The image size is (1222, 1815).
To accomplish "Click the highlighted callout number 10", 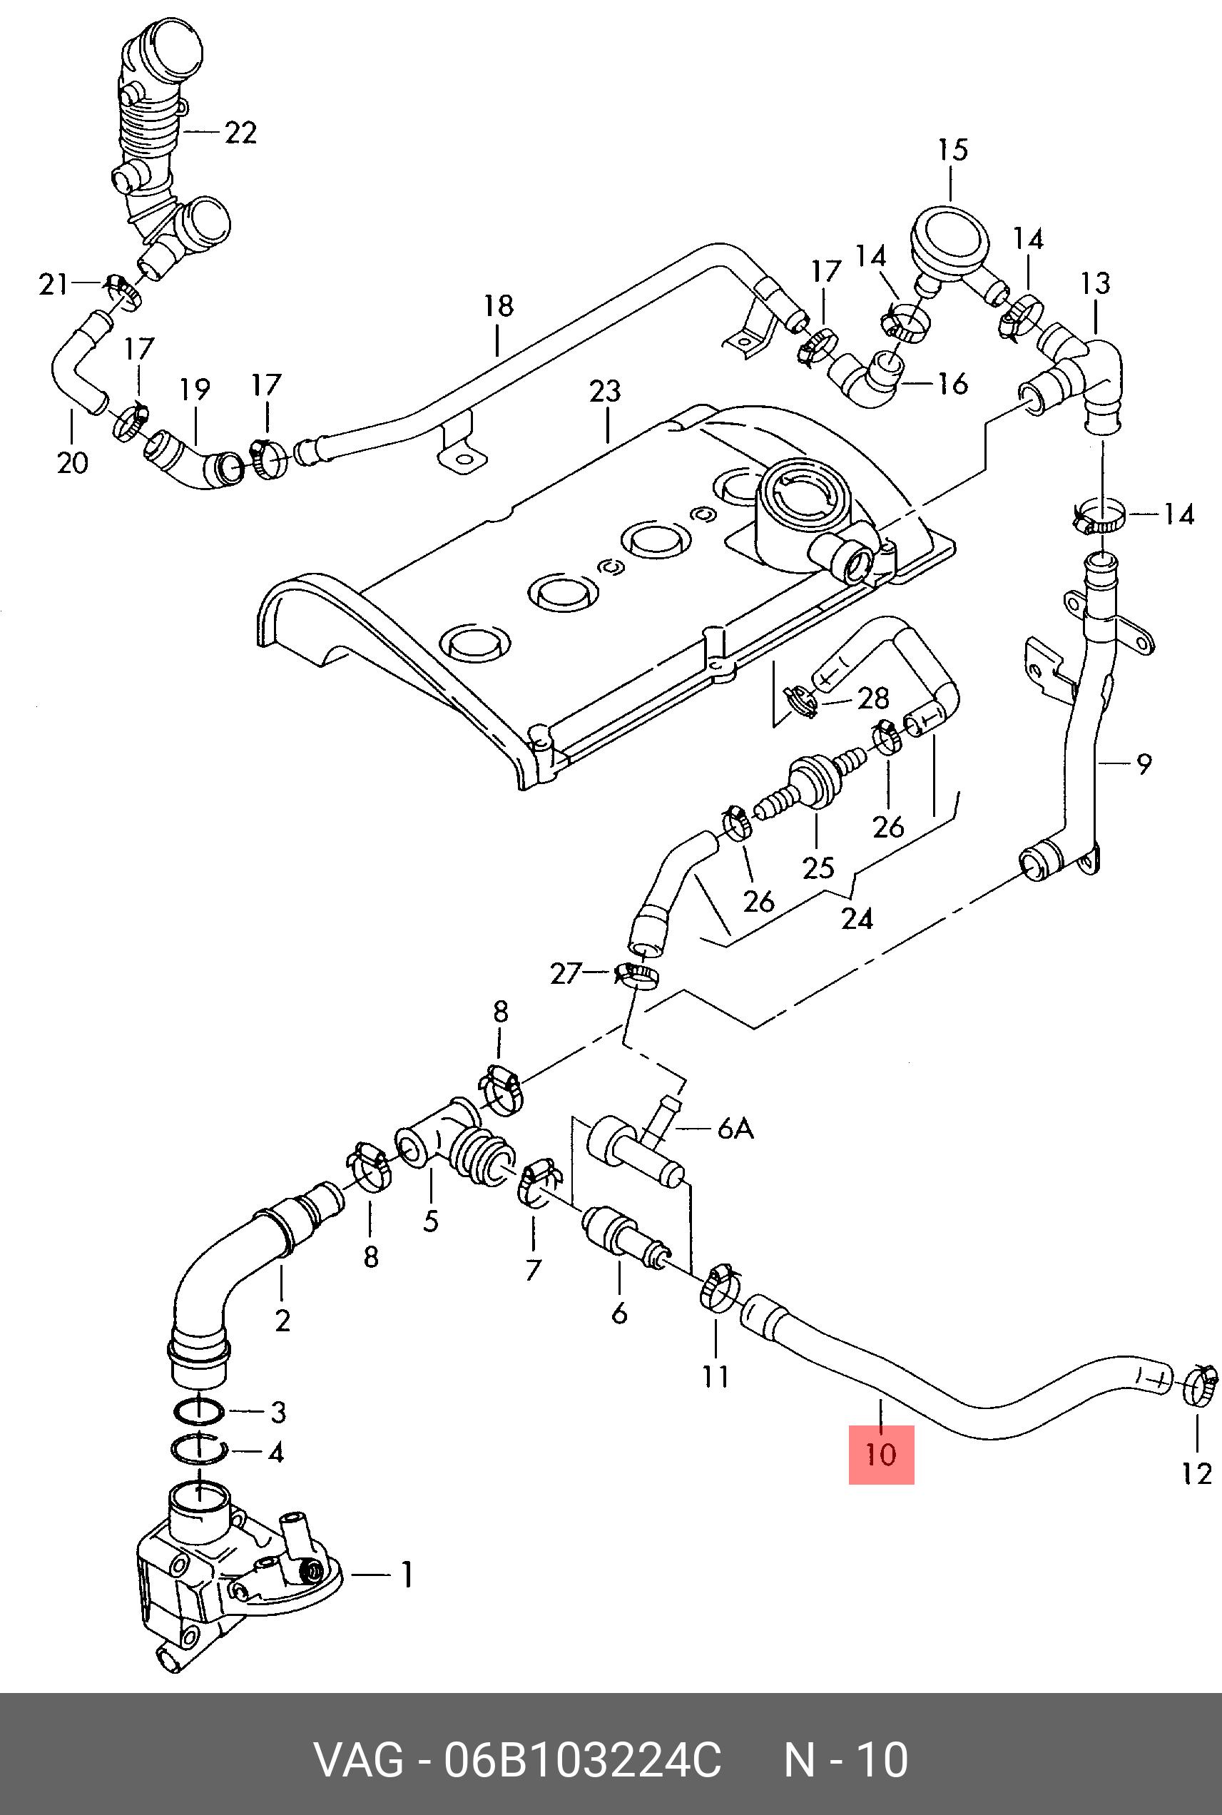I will pyautogui.click(x=880, y=1454).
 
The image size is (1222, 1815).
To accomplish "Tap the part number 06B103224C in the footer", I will pyautogui.click(x=582, y=1759).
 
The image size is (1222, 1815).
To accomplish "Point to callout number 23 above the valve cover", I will pyautogui.click(x=605, y=391).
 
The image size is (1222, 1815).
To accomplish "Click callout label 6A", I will pyautogui.click(x=735, y=1128).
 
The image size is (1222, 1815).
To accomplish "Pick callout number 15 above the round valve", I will pyautogui.click(x=952, y=150).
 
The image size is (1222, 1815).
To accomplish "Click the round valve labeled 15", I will pyautogui.click(x=949, y=238).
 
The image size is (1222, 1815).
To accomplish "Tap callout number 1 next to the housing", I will pyautogui.click(x=405, y=1576).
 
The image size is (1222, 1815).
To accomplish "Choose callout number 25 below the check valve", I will pyautogui.click(x=818, y=868).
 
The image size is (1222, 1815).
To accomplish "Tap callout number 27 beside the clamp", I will pyautogui.click(x=566, y=973).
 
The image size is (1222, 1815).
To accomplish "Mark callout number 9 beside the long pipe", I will pyautogui.click(x=1143, y=763).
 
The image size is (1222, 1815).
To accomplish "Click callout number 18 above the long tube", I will pyautogui.click(x=499, y=306).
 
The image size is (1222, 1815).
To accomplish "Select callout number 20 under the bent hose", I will pyautogui.click(x=73, y=463).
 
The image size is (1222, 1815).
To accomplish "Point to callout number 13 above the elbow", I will pyautogui.click(x=1095, y=283).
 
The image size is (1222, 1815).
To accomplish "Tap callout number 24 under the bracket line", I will pyautogui.click(x=857, y=919).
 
